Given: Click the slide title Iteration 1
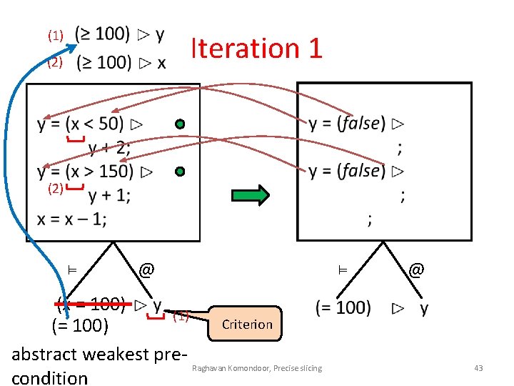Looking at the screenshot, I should (x=257, y=48).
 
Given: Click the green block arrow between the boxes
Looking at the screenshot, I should (x=251, y=194).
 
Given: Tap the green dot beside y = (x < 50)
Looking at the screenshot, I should (x=180, y=124).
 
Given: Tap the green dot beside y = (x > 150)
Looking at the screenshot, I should (x=180, y=172).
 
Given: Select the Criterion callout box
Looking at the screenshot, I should (x=247, y=324).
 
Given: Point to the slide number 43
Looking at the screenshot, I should (x=478, y=368).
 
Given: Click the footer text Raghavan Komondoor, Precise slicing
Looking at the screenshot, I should (x=256, y=368).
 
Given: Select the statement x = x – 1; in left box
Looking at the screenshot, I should (x=72, y=219).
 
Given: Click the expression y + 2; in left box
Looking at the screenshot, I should (x=109, y=148).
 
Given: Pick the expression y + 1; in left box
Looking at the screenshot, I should (x=109, y=194).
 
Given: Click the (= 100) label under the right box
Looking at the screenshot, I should (x=343, y=308).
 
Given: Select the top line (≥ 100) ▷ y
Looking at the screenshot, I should (x=120, y=34).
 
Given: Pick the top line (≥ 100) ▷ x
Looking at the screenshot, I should (x=121, y=63).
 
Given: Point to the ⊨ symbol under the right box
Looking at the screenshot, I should (x=342, y=269).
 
